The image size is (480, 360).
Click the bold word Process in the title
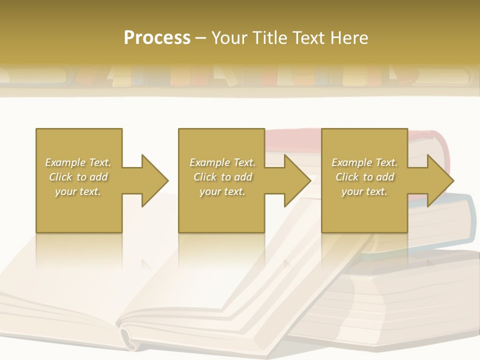(x=157, y=38)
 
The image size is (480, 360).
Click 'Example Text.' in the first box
(x=78, y=162)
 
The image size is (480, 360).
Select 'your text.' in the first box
(x=78, y=191)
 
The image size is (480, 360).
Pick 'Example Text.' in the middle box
(x=222, y=162)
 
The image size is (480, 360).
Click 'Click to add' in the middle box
(x=222, y=177)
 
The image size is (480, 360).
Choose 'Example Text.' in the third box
(x=364, y=162)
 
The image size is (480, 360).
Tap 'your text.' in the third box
(x=364, y=191)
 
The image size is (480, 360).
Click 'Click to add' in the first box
(x=78, y=177)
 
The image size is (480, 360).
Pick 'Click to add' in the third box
(x=364, y=177)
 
